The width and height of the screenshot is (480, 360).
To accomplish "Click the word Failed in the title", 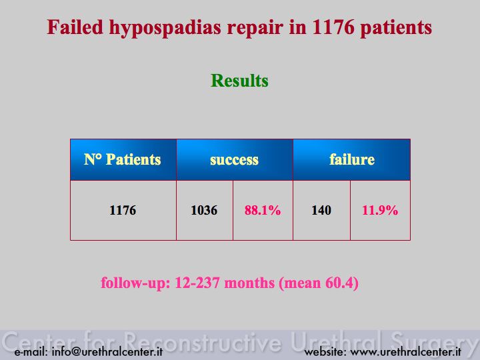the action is tap(75, 27).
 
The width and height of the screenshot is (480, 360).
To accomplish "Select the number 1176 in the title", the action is tap(333, 27).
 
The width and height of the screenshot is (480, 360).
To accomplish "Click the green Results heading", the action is tap(239, 81).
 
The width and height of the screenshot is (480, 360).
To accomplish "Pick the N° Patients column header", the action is tap(123, 159).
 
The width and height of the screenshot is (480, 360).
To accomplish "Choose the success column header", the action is tap(234, 160).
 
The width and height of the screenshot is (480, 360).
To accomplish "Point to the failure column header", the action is tap(352, 159).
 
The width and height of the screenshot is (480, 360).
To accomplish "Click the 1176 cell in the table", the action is tap(123, 210).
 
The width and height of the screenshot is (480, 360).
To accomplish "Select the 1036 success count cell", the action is tap(204, 210).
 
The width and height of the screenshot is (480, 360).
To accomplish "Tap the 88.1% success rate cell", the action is tap(263, 210).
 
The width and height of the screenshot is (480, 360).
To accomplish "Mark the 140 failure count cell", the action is tap(321, 210).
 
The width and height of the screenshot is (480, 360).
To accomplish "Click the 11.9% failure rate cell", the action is tap(380, 210).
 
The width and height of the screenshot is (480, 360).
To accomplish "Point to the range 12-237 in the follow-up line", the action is tap(197, 283).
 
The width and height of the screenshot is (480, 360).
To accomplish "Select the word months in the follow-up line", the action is tap(249, 283).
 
